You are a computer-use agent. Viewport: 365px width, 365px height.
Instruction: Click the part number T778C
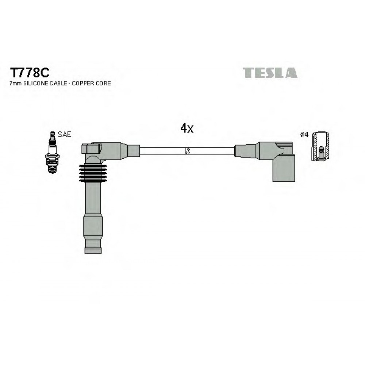pyautogui.click(x=30, y=73)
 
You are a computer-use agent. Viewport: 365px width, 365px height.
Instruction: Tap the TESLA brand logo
pyautogui.click(x=270, y=73)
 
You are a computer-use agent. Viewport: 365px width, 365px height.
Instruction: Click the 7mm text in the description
pyautogui.click(x=15, y=83)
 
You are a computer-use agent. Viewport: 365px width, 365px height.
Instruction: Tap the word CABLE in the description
pyautogui.click(x=58, y=83)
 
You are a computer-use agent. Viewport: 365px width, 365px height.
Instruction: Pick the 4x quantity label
pyautogui.click(x=187, y=128)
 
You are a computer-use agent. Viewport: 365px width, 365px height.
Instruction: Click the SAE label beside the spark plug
pyautogui.click(x=64, y=134)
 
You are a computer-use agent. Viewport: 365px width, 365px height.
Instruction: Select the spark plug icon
pyautogui.click(x=52, y=153)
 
